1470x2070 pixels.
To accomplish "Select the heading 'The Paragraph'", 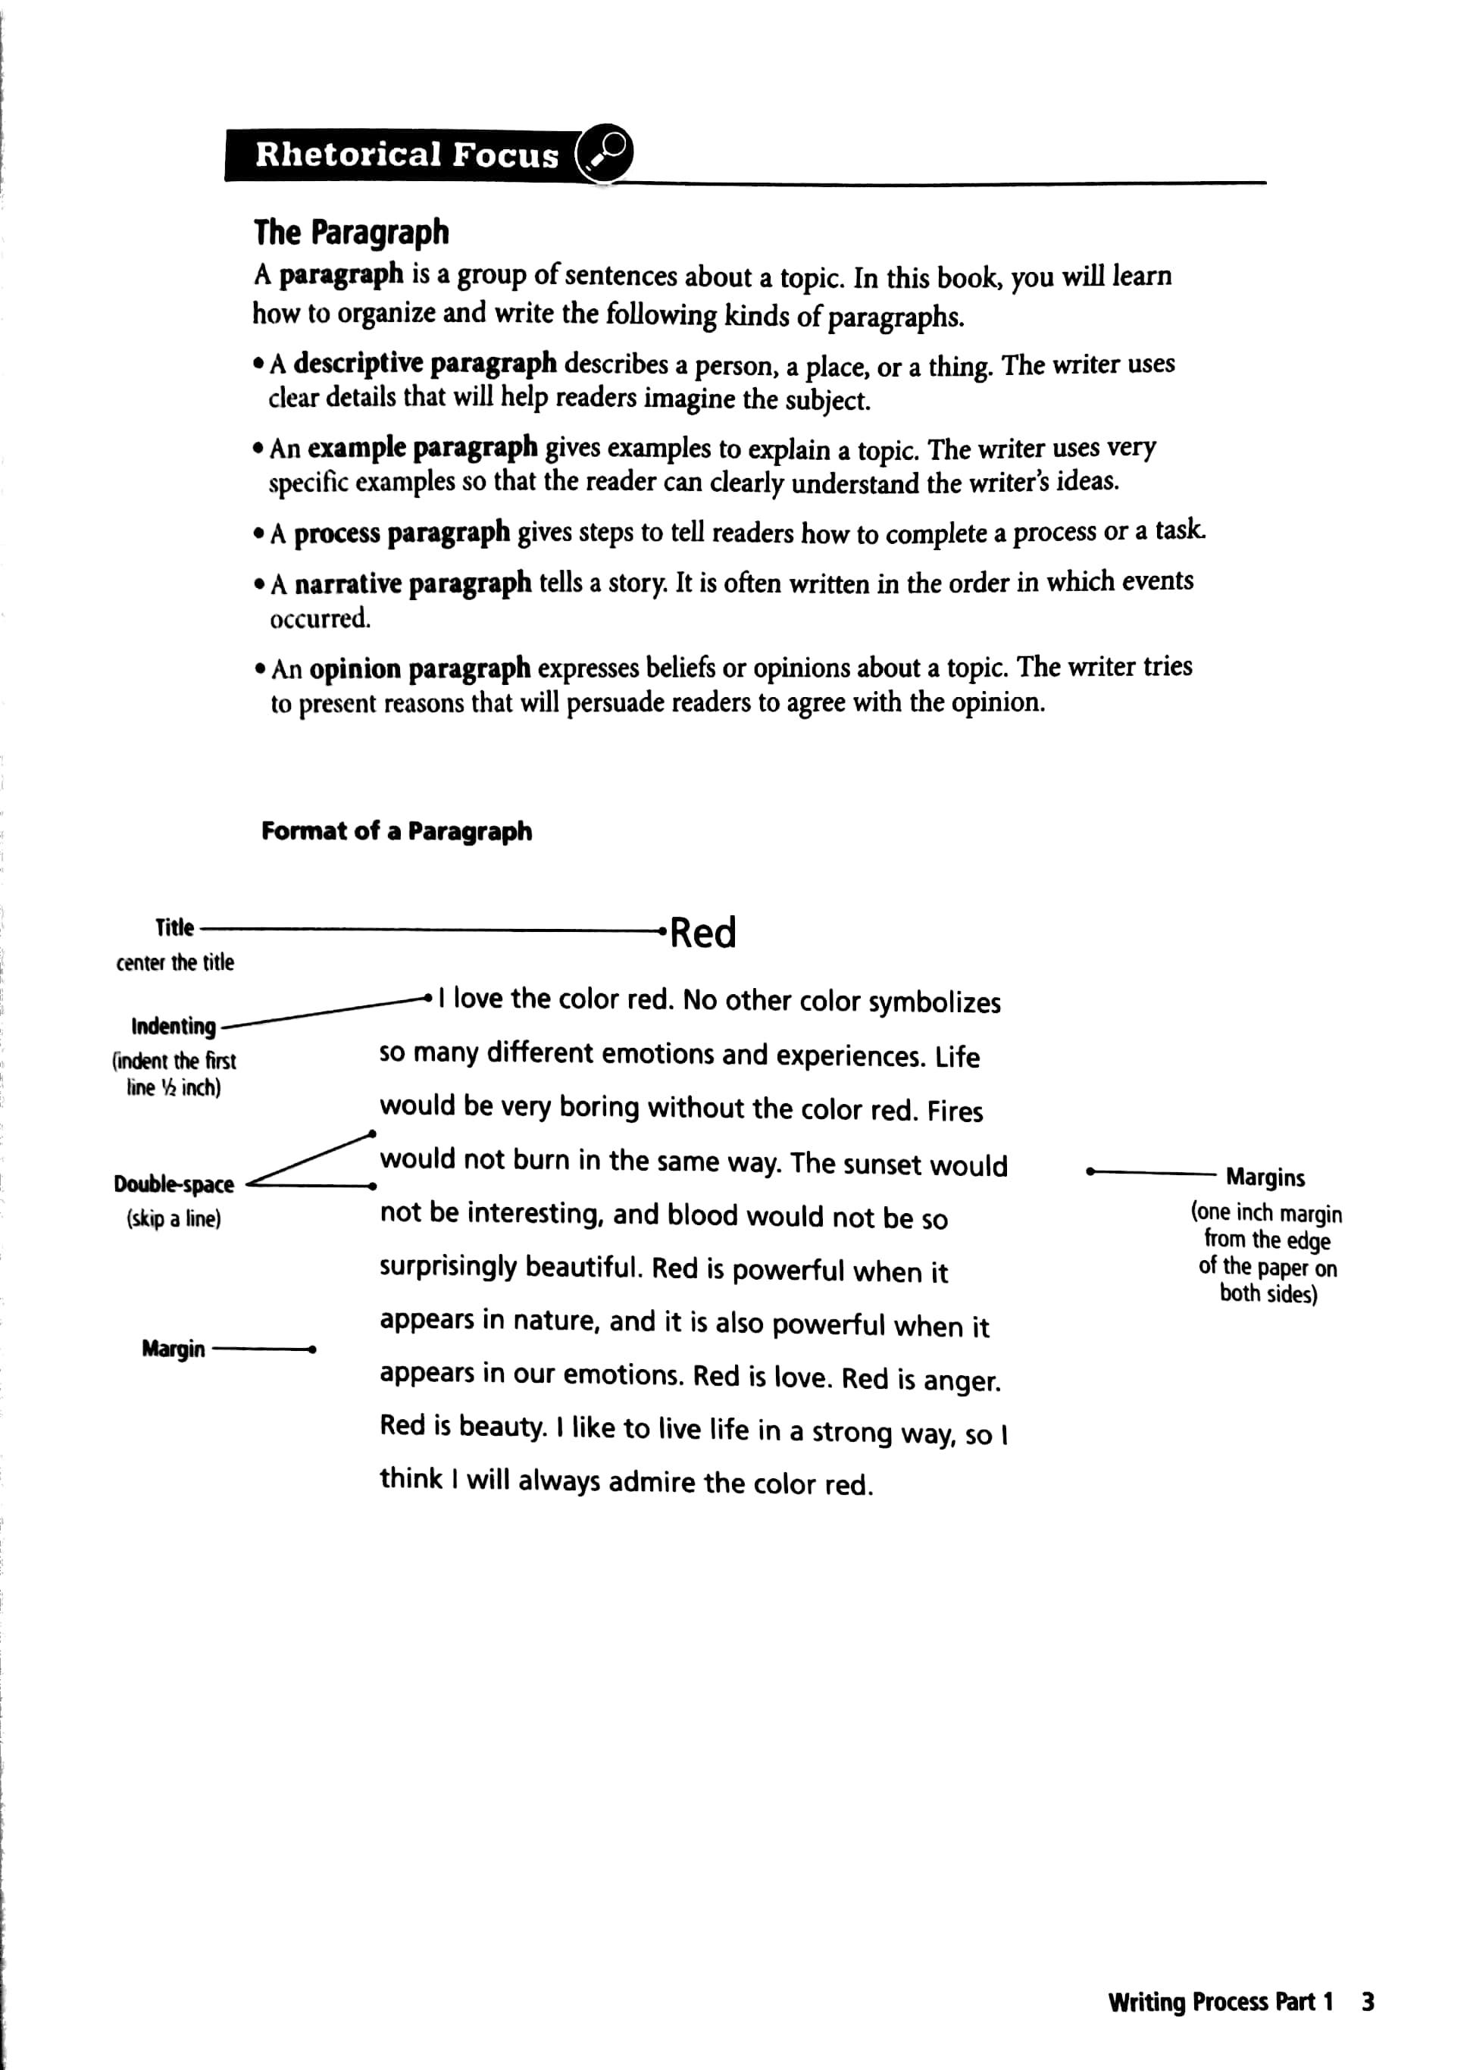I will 350,233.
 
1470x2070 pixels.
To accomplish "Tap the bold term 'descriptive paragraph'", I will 424,364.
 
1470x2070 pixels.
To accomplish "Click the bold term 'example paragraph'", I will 422,448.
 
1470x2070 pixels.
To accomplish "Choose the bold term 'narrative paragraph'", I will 413,584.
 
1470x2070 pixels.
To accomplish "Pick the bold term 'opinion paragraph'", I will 419,669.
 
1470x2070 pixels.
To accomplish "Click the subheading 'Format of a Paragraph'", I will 396,831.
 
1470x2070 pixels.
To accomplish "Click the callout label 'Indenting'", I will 174,1027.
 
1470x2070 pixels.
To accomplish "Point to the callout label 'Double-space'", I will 174,1184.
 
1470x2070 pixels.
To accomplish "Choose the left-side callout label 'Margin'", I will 173,1349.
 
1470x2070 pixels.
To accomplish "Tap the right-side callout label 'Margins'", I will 1265,1177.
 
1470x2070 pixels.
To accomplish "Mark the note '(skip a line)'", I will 174,1219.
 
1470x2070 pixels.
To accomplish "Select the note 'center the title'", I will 175,962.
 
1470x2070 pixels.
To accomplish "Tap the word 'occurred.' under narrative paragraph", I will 321,619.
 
